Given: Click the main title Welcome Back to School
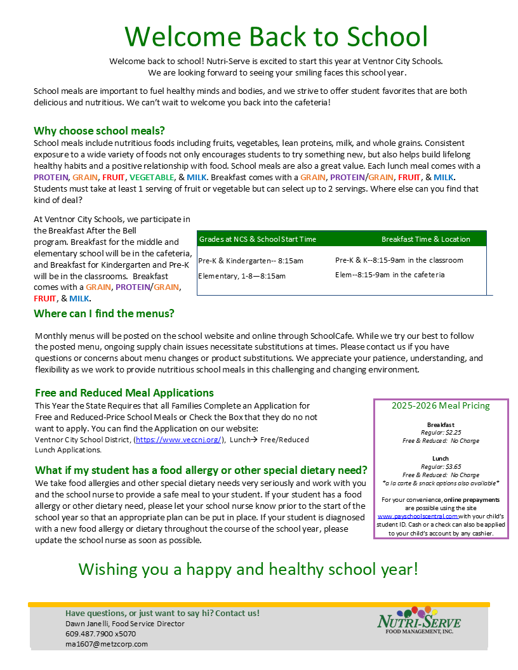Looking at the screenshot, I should tap(276, 37).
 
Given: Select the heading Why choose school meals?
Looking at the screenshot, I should tap(99, 131).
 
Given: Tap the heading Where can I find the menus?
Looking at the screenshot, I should tap(104, 313).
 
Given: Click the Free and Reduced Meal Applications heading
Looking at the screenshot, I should tap(124, 393).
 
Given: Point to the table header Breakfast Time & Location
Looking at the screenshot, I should tap(425, 239).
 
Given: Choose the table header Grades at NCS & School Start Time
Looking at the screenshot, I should tap(258, 239).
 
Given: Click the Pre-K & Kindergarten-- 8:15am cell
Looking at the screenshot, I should tap(251, 261).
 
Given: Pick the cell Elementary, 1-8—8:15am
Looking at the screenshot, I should tap(242, 276).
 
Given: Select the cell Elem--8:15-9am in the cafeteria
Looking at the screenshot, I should tap(390, 275).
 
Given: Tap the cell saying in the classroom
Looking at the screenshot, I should tap(399, 260).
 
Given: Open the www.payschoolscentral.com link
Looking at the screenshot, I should tap(417, 516).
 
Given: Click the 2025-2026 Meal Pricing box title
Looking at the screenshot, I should tap(441, 406).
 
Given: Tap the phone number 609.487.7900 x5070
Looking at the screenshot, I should tap(100, 634).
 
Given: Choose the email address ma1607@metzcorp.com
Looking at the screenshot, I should tap(106, 644).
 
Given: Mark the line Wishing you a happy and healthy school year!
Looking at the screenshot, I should tap(248, 568).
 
